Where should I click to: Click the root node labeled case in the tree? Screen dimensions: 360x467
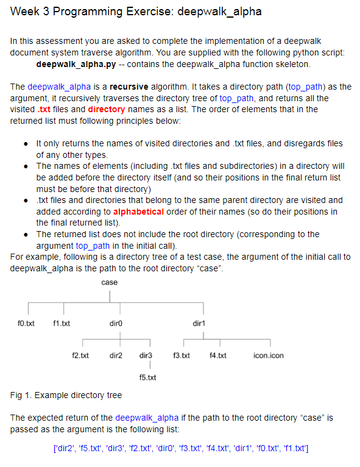110,282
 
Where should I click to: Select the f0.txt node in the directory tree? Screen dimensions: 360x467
26,322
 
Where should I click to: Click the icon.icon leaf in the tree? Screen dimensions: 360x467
268,355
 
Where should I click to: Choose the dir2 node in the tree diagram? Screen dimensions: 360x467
116,355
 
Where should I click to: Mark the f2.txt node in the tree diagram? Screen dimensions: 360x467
81,355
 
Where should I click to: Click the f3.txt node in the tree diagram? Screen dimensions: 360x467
182,355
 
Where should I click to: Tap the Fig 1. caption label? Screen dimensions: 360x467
21,395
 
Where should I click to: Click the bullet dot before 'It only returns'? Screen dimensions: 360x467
24,143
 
